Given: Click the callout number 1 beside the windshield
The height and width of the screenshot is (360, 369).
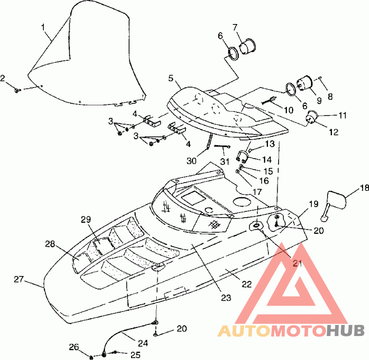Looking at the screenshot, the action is [x=43, y=27].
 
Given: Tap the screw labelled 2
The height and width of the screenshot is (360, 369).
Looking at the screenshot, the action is [x=18, y=90].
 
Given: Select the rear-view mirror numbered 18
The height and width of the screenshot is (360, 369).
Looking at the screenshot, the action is [x=334, y=204].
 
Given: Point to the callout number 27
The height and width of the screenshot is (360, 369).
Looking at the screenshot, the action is [x=18, y=279].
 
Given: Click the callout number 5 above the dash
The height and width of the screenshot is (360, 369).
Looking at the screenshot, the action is [x=171, y=78].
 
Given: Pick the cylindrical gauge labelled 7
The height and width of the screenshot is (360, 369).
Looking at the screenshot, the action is [x=247, y=46].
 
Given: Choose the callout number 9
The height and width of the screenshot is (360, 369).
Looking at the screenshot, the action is [x=319, y=100].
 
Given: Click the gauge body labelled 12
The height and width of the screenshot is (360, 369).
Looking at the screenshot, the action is [x=311, y=117].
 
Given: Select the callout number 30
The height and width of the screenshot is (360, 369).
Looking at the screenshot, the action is [x=191, y=161].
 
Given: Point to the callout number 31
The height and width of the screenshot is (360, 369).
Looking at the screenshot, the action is [x=225, y=161].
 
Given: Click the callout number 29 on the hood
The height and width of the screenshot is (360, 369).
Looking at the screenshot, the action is [x=86, y=219].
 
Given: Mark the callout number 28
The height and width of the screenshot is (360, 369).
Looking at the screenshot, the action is [x=50, y=244].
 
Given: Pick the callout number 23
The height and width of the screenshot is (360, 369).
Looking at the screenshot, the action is [x=226, y=298].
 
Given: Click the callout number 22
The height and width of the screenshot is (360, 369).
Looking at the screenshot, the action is [x=247, y=284].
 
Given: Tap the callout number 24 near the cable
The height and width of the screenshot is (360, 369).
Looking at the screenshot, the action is [x=143, y=343].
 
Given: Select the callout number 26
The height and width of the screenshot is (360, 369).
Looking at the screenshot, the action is [x=74, y=347].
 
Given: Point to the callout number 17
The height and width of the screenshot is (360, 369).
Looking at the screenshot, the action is [x=257, y=192].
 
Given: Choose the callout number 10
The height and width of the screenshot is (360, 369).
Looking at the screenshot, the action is [x=289, y=110].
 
